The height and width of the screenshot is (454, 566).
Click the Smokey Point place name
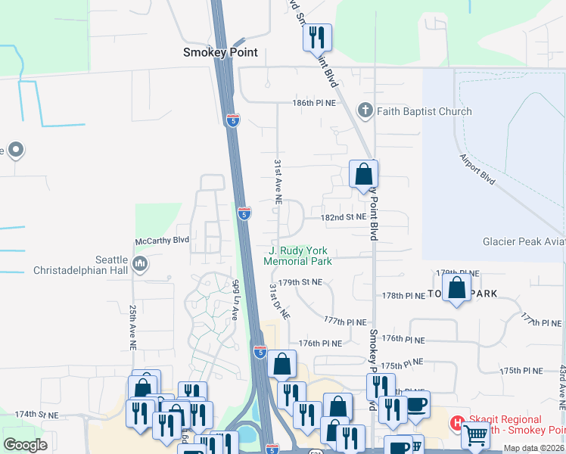click(x=220, y=52)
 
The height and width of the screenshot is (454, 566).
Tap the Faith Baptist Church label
click(x=424, y=111)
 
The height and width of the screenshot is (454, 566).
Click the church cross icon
click(x=365, y=111)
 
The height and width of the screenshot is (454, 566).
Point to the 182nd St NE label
click(x=344, y=216)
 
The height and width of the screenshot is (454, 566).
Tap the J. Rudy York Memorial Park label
click(x=298, y=257)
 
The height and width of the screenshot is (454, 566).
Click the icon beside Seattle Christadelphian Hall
click(x=138, y=263)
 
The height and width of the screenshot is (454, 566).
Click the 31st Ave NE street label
click(x=278, y=182)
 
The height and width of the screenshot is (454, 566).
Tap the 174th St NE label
click(x=36, y=415)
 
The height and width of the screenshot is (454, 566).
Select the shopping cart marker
click(x=476, y=434)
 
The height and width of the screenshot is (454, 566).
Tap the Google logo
click(x=25, y=445)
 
